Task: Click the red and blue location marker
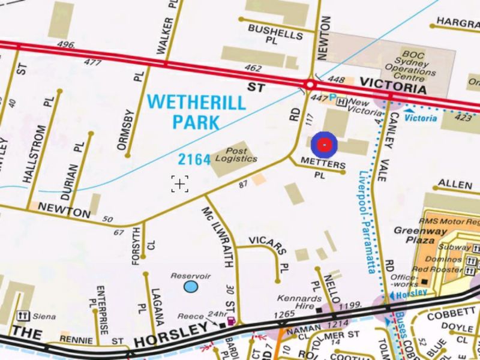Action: click(324, 145)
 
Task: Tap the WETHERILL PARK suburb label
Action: click(196, 112)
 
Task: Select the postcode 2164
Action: click(194, 160)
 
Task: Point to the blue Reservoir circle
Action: click(191, 287)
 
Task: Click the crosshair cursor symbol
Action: click(179, 184)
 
